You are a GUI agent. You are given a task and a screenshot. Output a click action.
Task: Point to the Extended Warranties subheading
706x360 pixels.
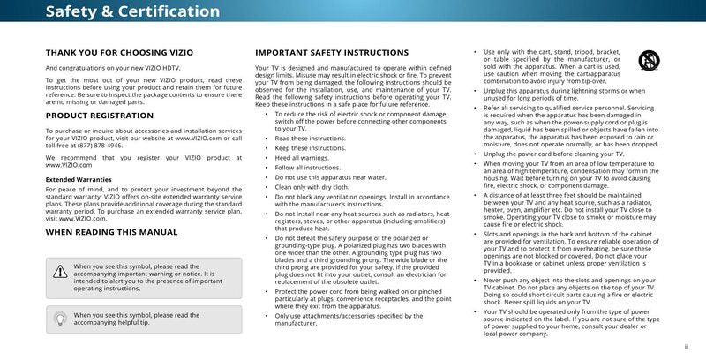(79, 179)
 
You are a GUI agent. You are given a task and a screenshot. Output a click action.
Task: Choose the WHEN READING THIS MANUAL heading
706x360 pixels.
(111, 232)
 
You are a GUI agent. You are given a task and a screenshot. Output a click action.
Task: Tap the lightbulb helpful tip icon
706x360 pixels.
(60, 319)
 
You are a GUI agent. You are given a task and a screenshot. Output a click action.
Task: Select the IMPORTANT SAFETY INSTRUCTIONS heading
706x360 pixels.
(332, 53)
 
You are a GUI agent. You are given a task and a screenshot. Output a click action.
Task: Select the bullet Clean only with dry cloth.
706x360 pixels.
(312, 187)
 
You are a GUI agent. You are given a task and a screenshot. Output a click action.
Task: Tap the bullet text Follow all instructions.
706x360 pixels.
(307, 168)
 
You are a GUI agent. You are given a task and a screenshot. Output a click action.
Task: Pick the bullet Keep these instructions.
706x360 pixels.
(308, 147)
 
